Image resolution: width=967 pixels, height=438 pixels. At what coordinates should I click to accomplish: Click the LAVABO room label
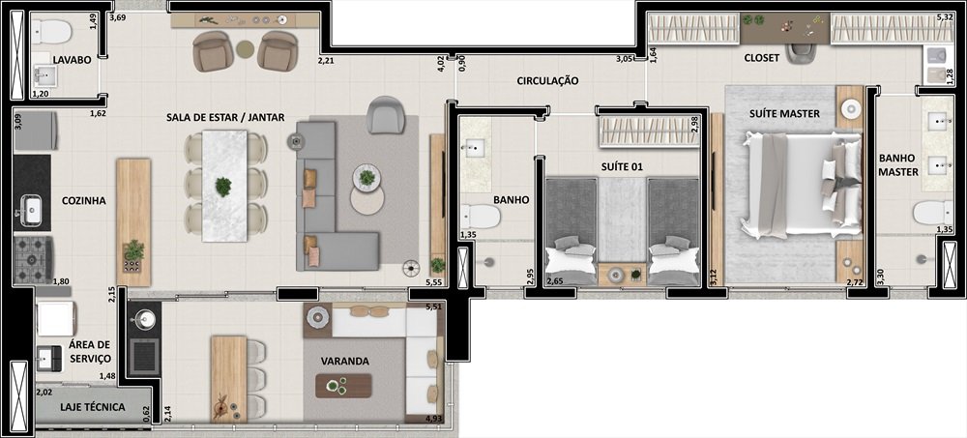pyautogui.click(x=72, y=60)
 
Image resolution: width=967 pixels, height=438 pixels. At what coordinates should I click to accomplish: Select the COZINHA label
pyautogui.click(x=84, y=200)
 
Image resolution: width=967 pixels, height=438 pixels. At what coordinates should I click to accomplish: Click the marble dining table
pyautogui.click(x=224, y=186)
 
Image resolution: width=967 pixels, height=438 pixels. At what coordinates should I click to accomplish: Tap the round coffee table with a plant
pyautogui.click(x=366, y=178)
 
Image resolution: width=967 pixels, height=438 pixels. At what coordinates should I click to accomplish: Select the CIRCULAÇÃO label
pyautogui.click(x=547, y=81)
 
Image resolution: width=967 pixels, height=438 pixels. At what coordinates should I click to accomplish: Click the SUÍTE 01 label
pyautogui.click(x=623, y=166)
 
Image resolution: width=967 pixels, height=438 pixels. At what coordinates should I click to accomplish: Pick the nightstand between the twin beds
pyautogui.click(x=622, y=275)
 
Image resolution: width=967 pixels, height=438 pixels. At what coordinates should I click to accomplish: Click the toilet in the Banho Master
pyautogui.click(x=933, y=213)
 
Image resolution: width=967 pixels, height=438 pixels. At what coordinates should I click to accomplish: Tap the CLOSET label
pyautogui.click(x=762, y=58)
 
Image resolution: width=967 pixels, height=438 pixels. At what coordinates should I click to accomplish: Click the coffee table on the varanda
pyautogui.click(x=343, y=386)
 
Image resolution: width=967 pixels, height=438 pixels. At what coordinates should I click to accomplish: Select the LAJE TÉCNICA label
pyautogui.click(x=93, y=407)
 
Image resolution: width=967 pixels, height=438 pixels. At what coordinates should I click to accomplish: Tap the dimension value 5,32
pyautogui.click(x=945, y=17)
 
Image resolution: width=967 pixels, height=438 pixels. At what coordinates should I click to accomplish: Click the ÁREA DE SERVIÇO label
pyautogui.click(x=90, y=352)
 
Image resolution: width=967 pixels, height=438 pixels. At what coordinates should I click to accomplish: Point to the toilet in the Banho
pyautogui.click(x=481, y=217)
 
